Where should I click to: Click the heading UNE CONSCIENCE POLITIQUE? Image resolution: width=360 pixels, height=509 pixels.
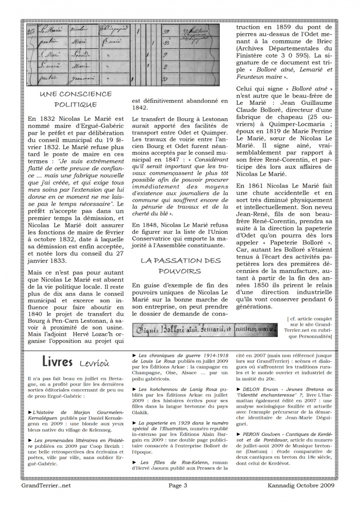(76, 99)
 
